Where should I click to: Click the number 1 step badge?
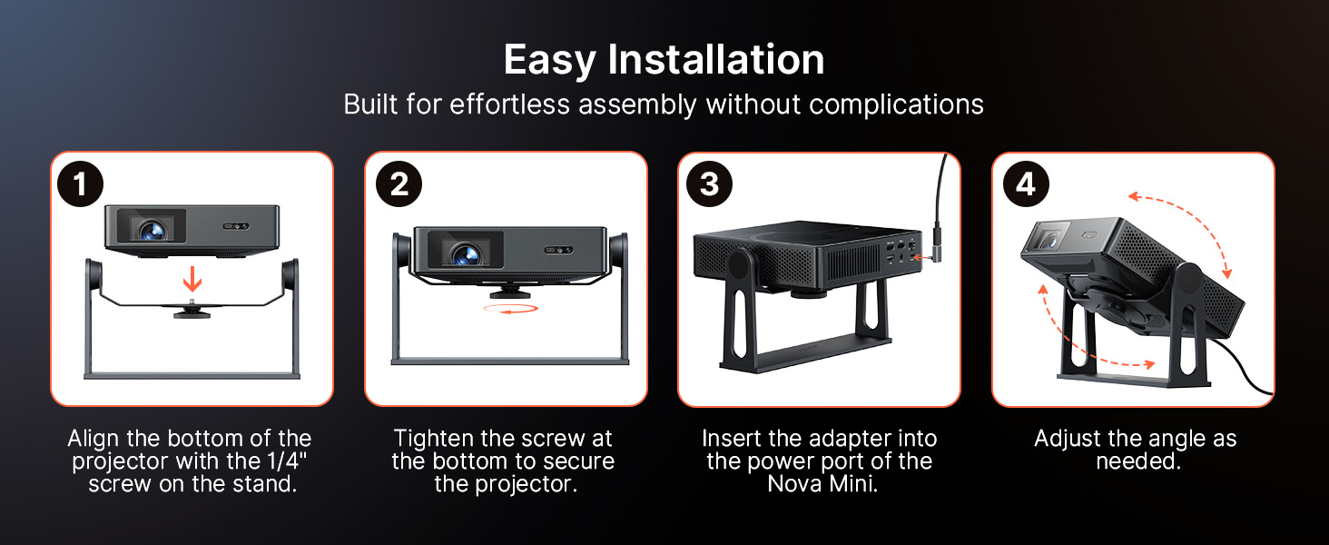(80, 184)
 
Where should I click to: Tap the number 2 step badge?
(399, 184)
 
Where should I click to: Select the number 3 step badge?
(709, 184)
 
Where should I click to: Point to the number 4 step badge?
(1026, 184)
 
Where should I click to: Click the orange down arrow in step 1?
(192, 279)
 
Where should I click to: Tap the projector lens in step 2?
(466, 254)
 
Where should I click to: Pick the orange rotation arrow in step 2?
(511, 309)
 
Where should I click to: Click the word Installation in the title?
(716, 59)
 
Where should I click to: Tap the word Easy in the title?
(549, 61)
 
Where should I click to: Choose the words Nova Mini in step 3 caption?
(822, 484)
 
